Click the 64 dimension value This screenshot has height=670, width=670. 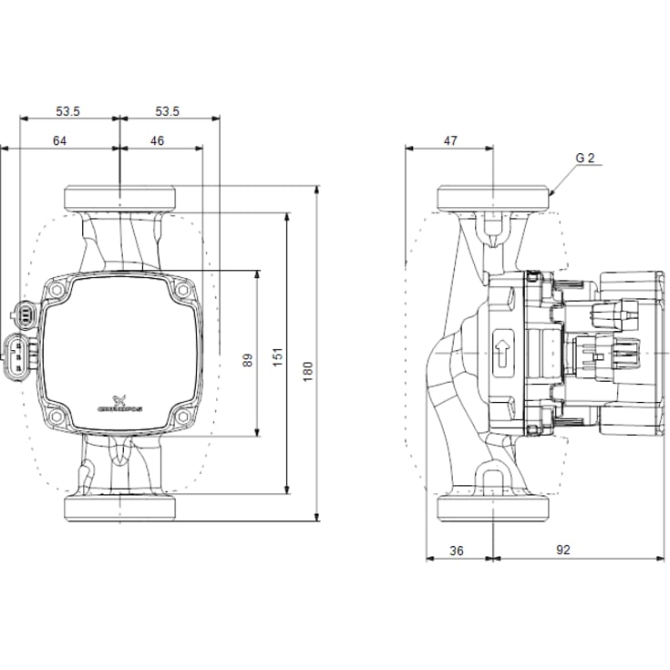[59, 140]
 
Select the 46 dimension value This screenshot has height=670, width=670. [157, 140]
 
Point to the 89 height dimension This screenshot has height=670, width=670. [247, 359]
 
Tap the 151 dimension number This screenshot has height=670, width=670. [278, 359]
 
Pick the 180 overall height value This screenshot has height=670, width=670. [308, 369]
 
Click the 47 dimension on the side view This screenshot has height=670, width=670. [450, 140]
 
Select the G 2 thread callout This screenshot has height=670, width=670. [584, 158]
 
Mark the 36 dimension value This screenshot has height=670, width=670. [457, 550]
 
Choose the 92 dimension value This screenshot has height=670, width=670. [562, 550]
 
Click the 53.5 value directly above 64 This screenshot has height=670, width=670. [68, 111]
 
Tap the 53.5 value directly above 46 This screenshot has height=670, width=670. [167, 111]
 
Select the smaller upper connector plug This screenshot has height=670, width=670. [26, 315]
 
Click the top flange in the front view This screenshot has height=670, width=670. [119, 198]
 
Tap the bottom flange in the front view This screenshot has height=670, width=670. [119, 509]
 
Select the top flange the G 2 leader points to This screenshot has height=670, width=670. [494, 198]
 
